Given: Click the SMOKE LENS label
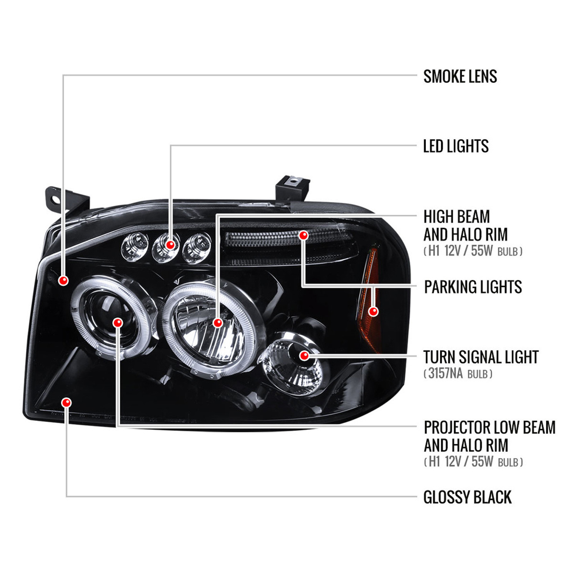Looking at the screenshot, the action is [x=460, y=76].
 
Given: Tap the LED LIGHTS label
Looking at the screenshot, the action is [x=456, y=146].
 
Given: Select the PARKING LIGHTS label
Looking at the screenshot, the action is [x=473, y=287].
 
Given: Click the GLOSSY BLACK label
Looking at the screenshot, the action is [x=467, y=497].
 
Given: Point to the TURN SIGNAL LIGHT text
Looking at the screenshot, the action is [x=481, y=357].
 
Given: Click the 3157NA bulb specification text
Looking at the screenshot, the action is [x=458, y=374].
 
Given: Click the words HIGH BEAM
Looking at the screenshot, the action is [x=457, y=217].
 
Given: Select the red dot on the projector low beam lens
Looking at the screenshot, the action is [x=118, y=322].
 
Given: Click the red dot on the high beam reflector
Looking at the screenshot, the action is [x=218, y=322].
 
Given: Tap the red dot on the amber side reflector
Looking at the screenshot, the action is [x=373, y=311].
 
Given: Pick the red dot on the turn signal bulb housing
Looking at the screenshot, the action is [x=304, y=355].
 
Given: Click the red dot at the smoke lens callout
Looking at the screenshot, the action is [x=63, y=280].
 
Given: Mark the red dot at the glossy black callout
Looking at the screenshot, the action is [x=67, y=403].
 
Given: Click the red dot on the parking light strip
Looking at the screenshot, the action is [x=304, y=235].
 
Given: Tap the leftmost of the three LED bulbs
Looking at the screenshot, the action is [x=135, y=247].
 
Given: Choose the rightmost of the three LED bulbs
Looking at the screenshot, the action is [x=197, y=248].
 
